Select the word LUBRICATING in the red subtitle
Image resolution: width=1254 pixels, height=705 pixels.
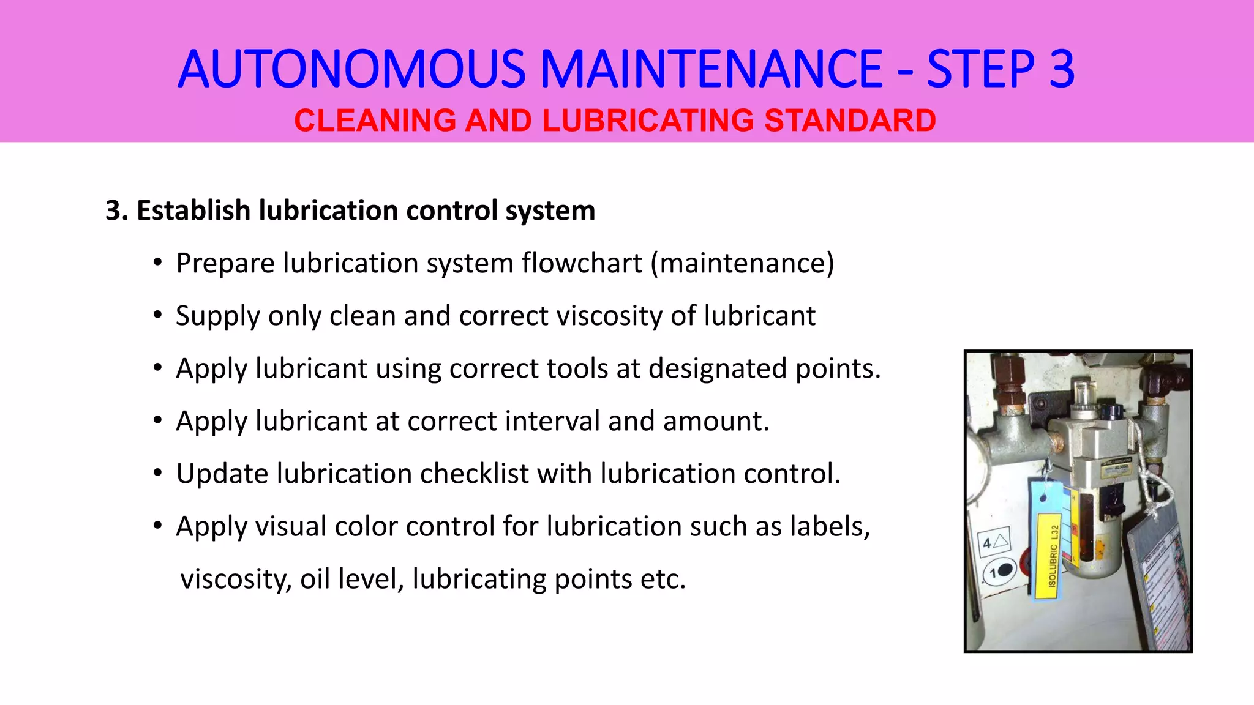point(648,120)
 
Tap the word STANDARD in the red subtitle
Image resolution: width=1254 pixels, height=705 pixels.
point(850,120)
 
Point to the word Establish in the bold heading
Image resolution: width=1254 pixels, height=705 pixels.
point(193,211)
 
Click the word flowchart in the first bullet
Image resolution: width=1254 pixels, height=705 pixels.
point(582,264)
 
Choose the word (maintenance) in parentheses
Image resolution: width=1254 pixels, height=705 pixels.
point(742,264)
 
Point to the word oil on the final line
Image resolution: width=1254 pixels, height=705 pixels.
point(315,580)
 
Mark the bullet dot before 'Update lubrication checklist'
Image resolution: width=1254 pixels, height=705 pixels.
point(158,473)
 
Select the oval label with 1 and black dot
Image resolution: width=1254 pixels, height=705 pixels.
point(1000,572)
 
